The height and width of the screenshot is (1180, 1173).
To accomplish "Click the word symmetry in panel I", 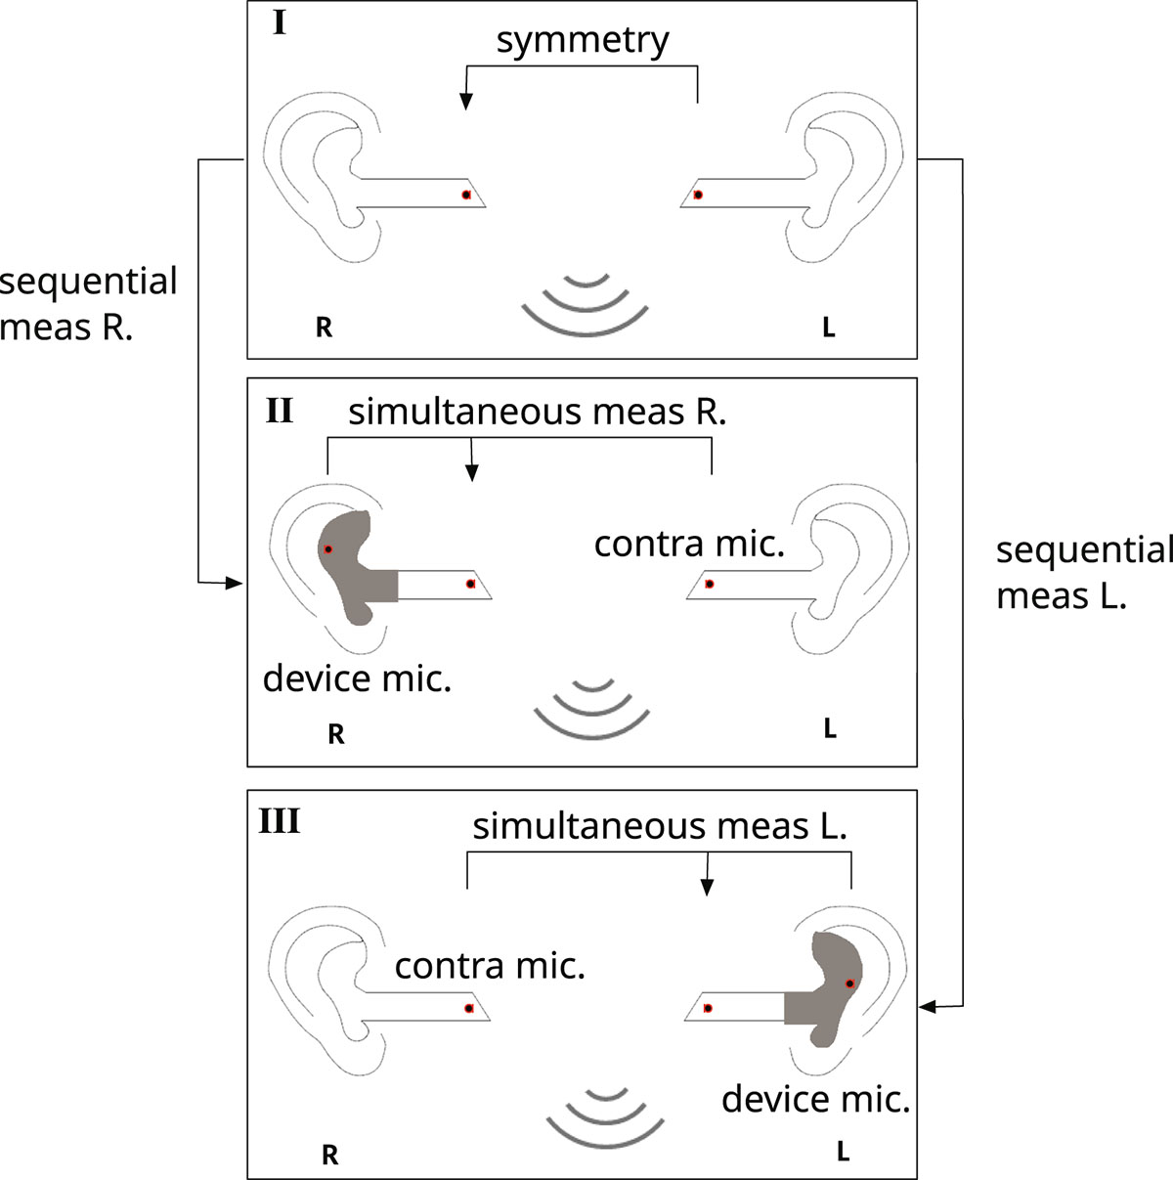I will (x=583, y=41).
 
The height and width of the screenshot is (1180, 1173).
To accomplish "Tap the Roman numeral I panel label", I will (x=280, y=22).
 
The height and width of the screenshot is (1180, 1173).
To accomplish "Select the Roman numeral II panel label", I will (x=279, y=411).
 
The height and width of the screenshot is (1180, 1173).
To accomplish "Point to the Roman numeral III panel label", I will (x=279, y=821).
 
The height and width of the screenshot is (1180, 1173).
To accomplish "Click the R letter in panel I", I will (x=325, y=328).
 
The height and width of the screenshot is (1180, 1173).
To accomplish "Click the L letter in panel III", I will (x=843, y=1152).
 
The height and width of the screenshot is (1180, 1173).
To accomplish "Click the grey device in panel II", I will (x=352, y=567).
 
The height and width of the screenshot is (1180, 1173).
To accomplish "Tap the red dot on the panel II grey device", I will (x=328, y=549).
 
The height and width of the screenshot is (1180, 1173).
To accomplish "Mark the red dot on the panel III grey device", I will (x=849, y=983).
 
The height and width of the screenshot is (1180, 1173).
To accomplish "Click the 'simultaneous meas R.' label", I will (x=537, y=413).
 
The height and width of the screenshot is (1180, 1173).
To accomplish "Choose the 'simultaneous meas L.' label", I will (x=660, y=827).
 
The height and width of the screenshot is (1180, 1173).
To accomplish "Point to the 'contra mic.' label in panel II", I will (x=689, y=544).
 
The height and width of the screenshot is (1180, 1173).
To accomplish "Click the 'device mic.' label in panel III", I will (x=816, y=1100).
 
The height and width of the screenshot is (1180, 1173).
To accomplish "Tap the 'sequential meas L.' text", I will (x=1083, y=573).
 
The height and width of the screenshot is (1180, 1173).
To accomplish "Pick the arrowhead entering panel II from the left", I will (x=235, y=584).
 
